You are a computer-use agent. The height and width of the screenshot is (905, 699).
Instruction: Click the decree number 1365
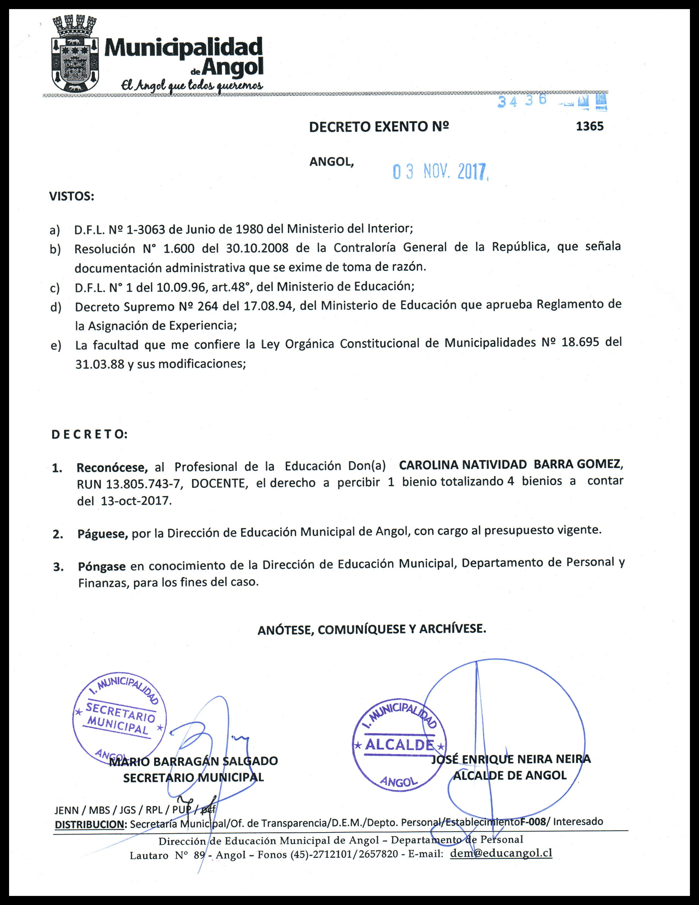point(590,126)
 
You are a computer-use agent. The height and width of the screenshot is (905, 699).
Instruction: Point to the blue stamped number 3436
point(522,101)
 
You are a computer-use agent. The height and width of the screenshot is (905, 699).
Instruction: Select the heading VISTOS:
point(72,196)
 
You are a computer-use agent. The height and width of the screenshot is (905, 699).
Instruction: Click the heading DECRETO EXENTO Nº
point(379,127)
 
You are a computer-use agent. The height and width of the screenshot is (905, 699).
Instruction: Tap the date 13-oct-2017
point(136,500)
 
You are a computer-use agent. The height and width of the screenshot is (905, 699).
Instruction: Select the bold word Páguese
point(102,534)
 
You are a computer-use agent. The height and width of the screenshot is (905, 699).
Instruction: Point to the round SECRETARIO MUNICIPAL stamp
point(119,719)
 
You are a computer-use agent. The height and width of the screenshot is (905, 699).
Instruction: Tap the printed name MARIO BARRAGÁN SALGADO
point(193,761)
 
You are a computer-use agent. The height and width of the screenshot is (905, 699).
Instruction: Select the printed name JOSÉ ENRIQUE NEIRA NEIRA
point(511,759)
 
